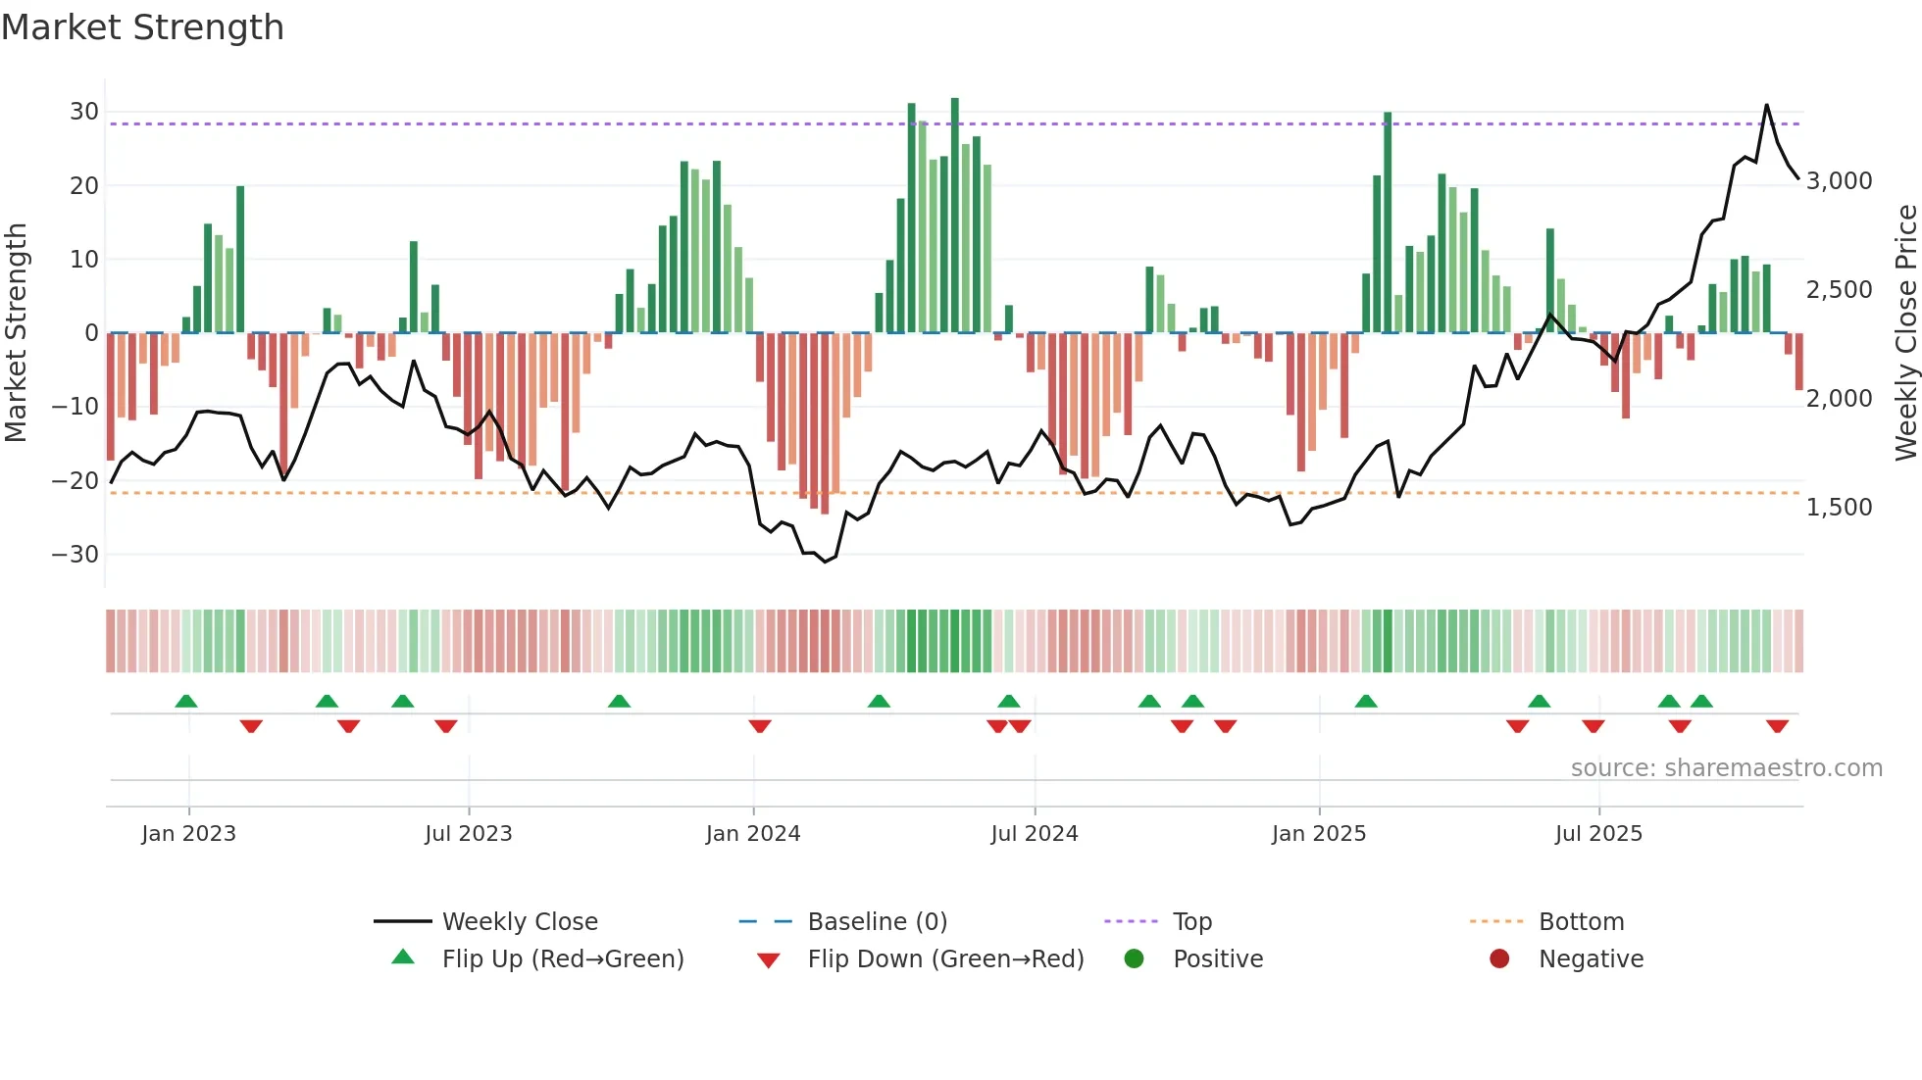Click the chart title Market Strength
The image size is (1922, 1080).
(x=143, y=27)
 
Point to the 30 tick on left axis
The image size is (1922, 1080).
(x=84, y=112)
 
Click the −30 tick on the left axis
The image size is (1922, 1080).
(x=76, y=554)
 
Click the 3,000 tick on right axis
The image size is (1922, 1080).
(x=1839, y=180)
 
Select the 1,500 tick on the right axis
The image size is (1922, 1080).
(x=1839, y=507)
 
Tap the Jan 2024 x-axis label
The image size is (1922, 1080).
(x=753, y=833)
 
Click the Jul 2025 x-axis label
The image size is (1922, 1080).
(x=1598, y=833)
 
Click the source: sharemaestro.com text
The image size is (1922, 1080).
(x=1726, y=767)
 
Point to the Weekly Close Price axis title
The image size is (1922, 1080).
(x=1905, y=332)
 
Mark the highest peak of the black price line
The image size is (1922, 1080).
(x=1767, y=105)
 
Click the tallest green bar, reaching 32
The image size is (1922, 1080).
(x=955, y=216)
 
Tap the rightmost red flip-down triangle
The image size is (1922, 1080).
(x=1778, y=726)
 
